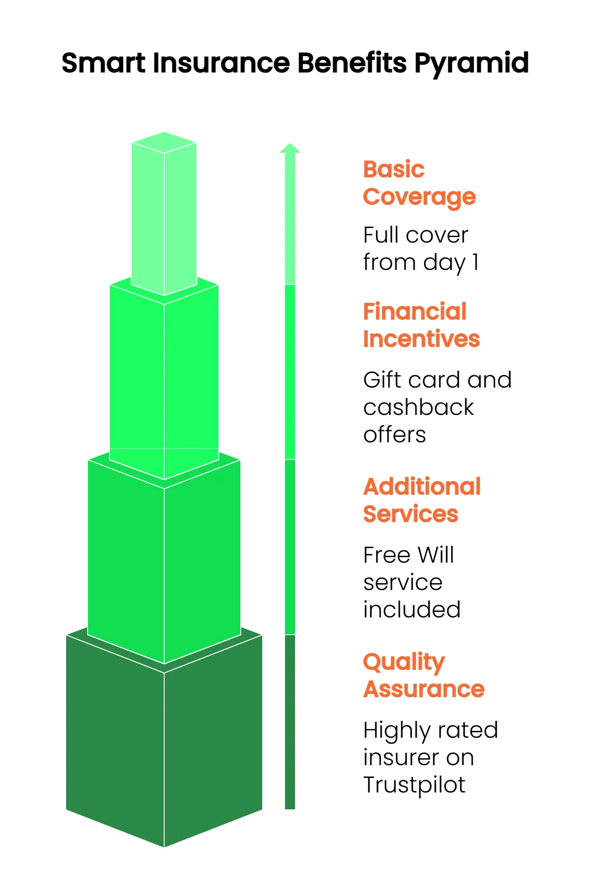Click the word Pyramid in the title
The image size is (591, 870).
472,64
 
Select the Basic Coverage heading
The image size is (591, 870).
419,183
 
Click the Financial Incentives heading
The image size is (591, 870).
421,325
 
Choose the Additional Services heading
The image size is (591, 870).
422,500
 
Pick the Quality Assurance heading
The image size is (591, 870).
424,675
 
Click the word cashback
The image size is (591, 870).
418,407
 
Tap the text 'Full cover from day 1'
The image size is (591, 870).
420,249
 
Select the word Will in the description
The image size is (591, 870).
435,555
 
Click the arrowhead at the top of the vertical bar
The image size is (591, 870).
290,148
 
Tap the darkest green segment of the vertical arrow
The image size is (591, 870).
290,722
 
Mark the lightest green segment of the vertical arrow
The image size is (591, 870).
290,219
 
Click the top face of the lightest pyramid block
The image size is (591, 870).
164,142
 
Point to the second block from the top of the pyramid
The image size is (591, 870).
164,378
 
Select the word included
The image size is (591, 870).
412,610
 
